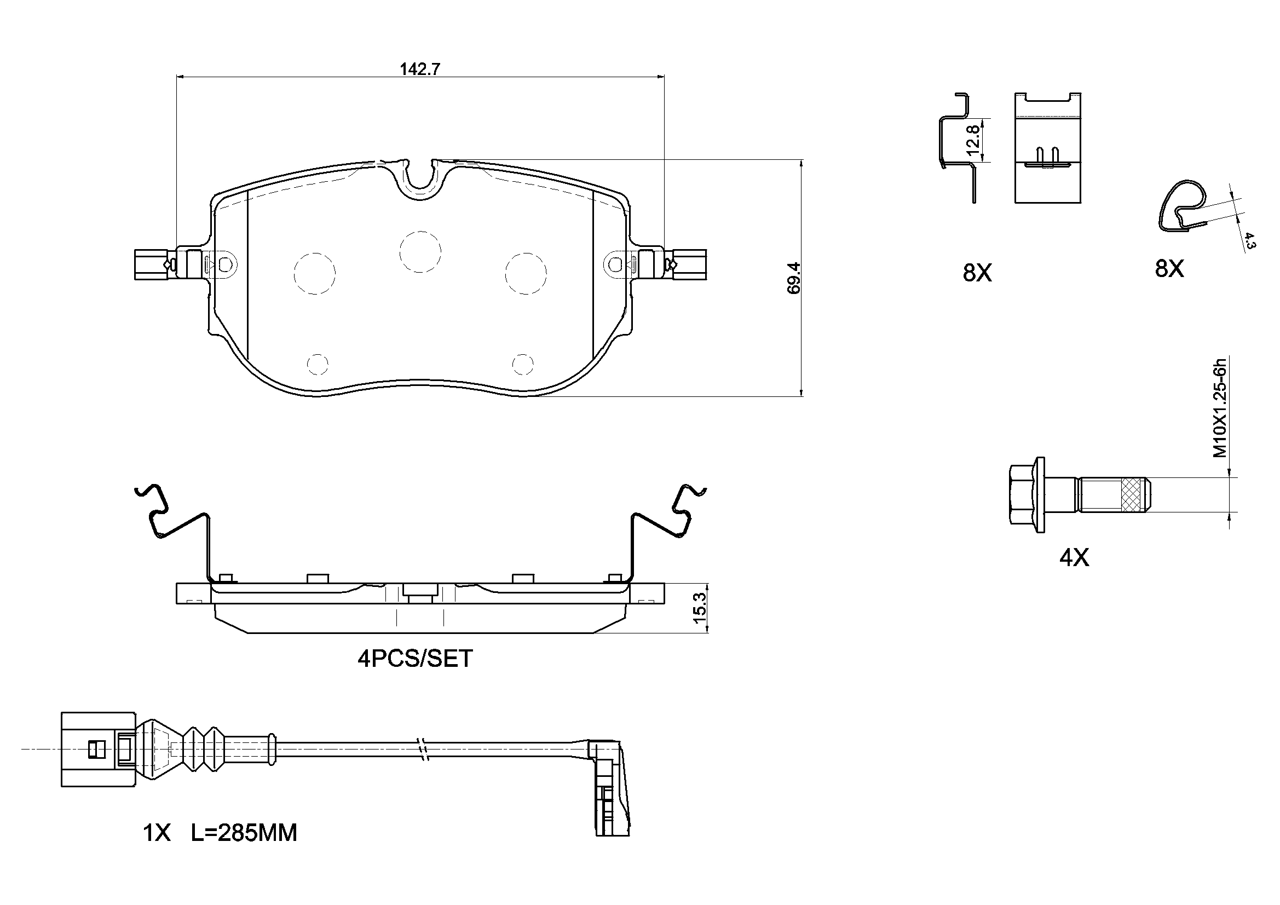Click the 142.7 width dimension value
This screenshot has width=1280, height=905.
tap(420, 69)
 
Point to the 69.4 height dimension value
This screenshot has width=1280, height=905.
tap(794, 278)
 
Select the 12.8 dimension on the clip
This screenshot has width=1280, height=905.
tap(973, 140)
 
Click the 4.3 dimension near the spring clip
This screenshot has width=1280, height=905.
tap(1249, 240)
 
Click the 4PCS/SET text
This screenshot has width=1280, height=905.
tap(415, 659)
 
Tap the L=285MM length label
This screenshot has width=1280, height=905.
tap(244, 833)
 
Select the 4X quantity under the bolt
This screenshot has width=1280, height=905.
tap(1074, 557)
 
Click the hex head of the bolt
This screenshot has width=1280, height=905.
tap(1027, 495)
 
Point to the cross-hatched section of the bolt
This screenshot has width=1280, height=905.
tap(1131, 494)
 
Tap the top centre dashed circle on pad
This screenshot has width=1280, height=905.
tap(420, 251)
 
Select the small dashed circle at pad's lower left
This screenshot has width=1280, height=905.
tap(318, 364)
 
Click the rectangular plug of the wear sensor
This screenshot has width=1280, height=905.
tap(98, 749)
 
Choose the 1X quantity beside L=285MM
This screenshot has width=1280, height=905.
tap(157, 833)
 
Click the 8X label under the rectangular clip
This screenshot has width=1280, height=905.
tap(977, 273)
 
